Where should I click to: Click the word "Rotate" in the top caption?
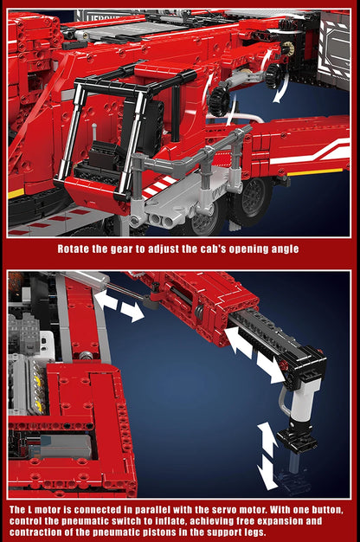tap(75, 248)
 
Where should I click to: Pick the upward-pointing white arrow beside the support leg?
tap(268, 437)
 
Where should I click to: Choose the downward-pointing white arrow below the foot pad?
tap(268, 474)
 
